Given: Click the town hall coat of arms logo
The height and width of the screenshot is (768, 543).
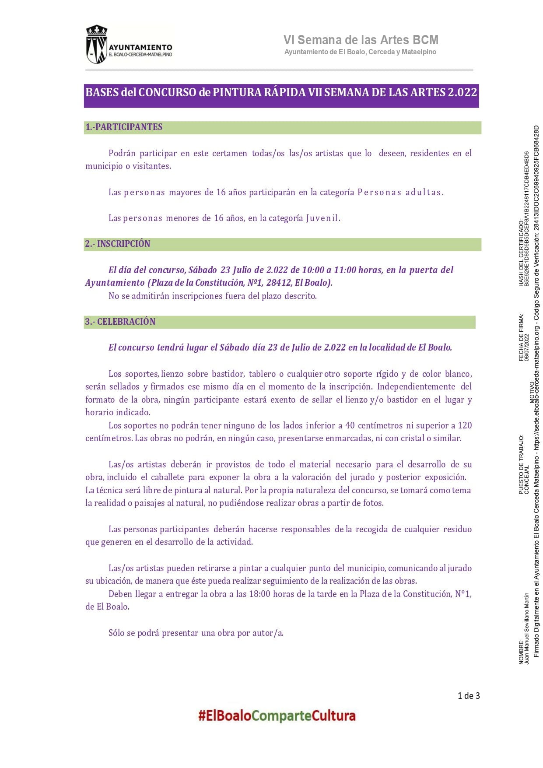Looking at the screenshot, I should coord(96,44).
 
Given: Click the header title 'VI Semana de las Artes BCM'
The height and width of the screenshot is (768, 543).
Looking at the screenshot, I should coord(361,40).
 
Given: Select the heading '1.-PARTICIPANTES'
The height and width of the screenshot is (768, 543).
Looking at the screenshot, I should coord(124,127).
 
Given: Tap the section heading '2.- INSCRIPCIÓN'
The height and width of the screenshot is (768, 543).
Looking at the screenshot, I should coord(118,244).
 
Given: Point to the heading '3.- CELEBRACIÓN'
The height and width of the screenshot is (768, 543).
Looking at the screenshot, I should coord(120,322).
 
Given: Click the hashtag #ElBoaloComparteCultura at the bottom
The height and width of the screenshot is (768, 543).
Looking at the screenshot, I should coord(277,716).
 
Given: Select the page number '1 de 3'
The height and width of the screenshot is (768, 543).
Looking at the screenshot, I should coord(469,696).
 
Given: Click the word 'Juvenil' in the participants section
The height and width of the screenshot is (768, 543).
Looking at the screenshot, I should coord(322,218).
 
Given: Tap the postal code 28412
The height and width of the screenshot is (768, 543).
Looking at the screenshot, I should coord(280,283).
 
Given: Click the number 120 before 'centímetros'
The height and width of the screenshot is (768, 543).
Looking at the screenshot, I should coord(465,425).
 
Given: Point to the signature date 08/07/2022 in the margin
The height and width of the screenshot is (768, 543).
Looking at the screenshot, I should coord(527,348).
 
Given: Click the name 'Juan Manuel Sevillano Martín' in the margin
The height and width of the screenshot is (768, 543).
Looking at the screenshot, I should coord(527,628).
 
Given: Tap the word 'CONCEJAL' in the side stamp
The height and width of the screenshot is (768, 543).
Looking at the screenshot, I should coord(527,480).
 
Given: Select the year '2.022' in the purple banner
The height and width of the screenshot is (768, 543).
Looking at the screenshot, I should coord(462,93).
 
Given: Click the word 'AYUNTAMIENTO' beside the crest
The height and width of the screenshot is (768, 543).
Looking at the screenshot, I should coord(140,47).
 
